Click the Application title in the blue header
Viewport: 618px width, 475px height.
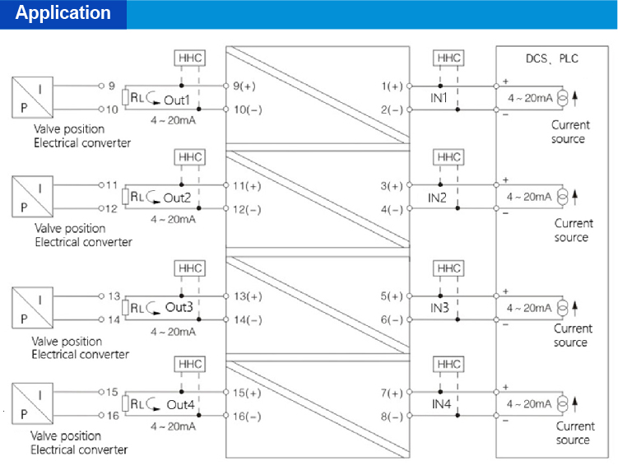(x=63, y=14)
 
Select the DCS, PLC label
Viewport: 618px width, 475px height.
(x=551, y=59)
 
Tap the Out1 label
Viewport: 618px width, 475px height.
(x=176, y=100)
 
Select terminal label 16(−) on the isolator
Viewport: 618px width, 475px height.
(x=247, y=417)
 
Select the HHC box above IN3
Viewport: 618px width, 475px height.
(x=449, y=268)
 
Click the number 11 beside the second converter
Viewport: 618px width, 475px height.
(x=113, y=185)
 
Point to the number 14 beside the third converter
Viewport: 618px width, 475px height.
(x=114, y=319)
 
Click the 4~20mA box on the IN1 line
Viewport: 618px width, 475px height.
(x=529, y=98)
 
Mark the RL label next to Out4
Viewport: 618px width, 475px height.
(x=136, y=404)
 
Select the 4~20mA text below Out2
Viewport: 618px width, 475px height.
(x=173, y=219)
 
